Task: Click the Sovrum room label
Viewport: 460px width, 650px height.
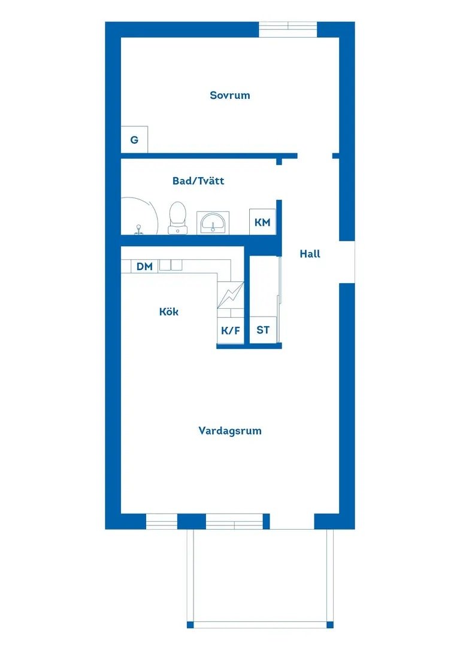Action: point(230,95)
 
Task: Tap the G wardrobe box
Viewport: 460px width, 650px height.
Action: point(134,139)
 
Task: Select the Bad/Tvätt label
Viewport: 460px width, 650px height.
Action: point(198,181)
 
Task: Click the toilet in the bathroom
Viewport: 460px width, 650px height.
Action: point(177,218)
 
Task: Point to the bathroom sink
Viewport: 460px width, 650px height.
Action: point(213,223)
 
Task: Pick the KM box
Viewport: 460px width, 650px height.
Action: point(262,222)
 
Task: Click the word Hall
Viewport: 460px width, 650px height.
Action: point(310,254)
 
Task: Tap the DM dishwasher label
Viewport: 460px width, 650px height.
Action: point(144,266)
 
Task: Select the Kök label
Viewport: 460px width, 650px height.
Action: point(169,312)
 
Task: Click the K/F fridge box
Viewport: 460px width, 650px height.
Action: point(230,330)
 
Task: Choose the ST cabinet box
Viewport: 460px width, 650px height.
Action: point(263,330)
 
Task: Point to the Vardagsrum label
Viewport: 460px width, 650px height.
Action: point(230,431)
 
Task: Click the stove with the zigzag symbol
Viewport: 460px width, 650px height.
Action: point(231,295)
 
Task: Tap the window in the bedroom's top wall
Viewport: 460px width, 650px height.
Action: point(288,29)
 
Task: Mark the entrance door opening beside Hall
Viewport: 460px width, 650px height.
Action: point(347,262)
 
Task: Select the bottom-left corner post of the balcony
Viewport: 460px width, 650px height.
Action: point(190,625)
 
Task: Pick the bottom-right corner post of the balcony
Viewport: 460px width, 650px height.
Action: point(330,625)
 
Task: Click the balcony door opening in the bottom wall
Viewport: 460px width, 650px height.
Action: point(292,521)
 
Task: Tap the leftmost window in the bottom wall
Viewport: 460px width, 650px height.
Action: point(162,521)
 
